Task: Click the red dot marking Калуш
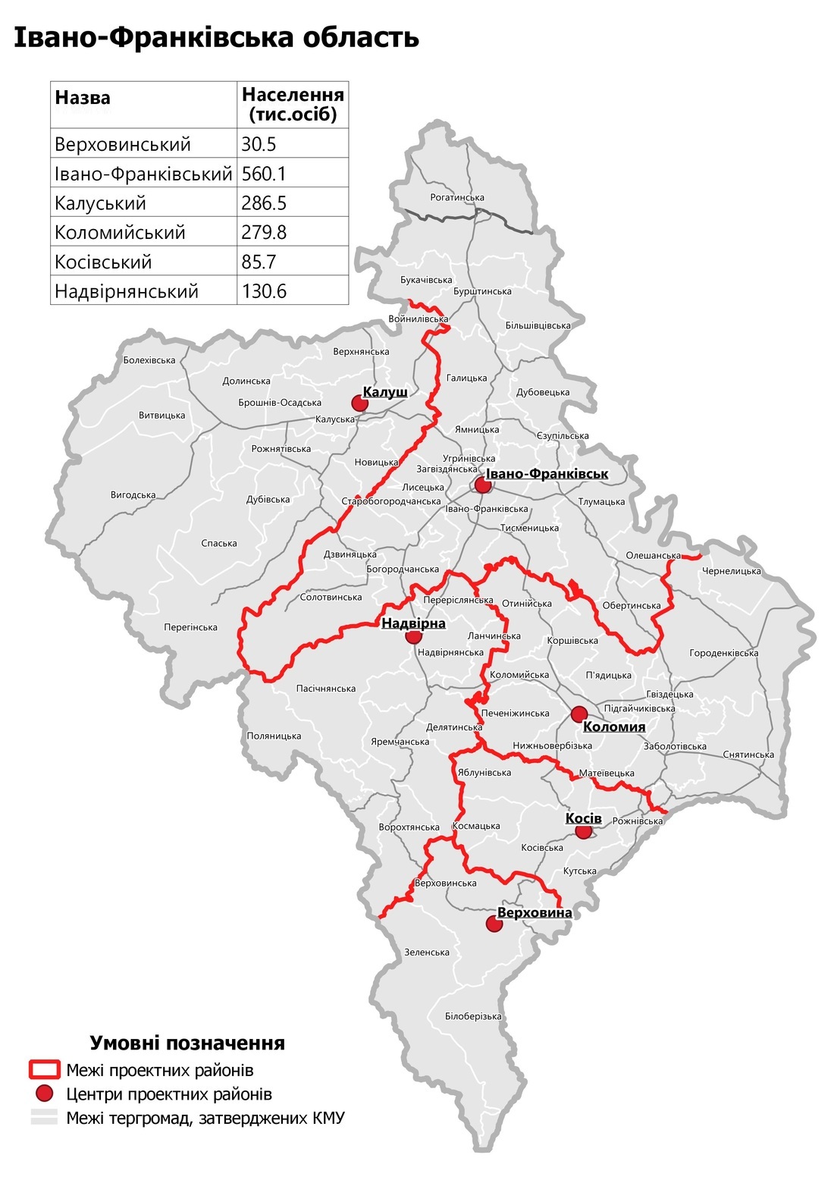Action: click(359, 403)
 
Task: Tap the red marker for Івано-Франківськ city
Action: click(482, 485)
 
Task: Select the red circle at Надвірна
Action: click(413, 636)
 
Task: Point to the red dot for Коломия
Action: click(579, 714)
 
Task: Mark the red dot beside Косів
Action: click(583, 831)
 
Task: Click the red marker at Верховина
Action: click(494, 924)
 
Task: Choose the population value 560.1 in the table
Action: click(264, 174)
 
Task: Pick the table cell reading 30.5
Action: click(259, 144)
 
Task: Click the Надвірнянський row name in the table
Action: click(127, 291)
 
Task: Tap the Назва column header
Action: click(83, 98)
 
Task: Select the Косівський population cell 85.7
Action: click(259, 262)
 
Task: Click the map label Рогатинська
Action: click(457, 198)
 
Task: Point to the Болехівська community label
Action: click(149, 360)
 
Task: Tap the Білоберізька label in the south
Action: click(473, 1016)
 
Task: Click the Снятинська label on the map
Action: click(748, 755)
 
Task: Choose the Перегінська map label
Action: click(190, 627)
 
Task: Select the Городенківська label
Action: click(723, 653)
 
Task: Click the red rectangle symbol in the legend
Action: click(44, 1070)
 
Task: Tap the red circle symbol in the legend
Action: click(44, 1094)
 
